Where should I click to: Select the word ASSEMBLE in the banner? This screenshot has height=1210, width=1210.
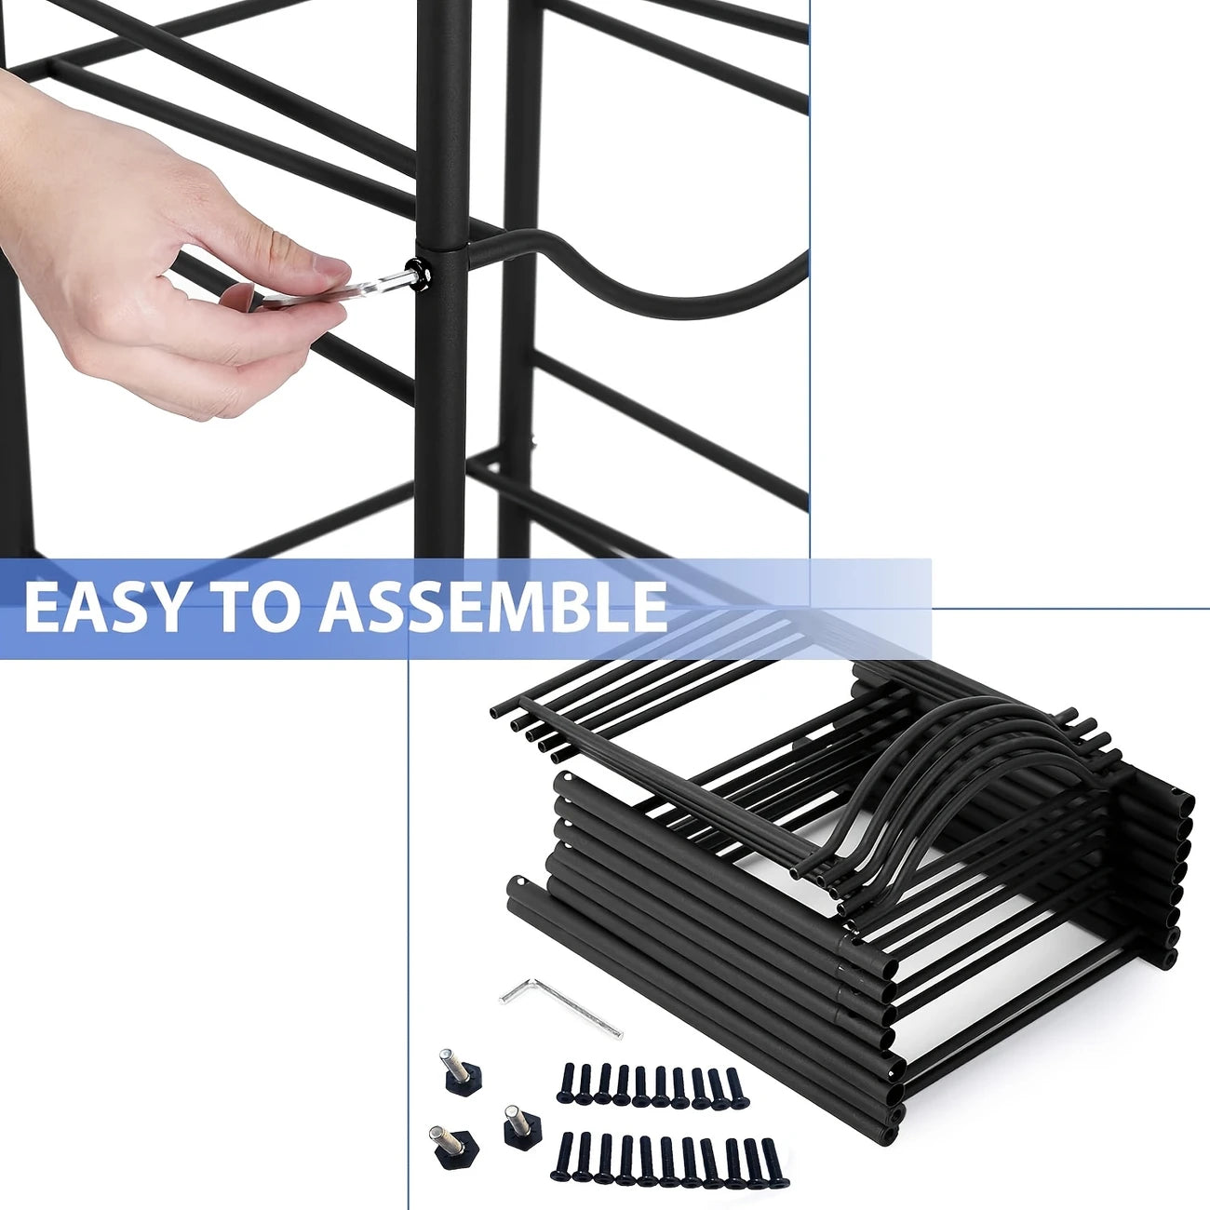tap(493, 607)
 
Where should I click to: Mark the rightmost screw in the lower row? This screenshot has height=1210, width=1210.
tap(771, 1160)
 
